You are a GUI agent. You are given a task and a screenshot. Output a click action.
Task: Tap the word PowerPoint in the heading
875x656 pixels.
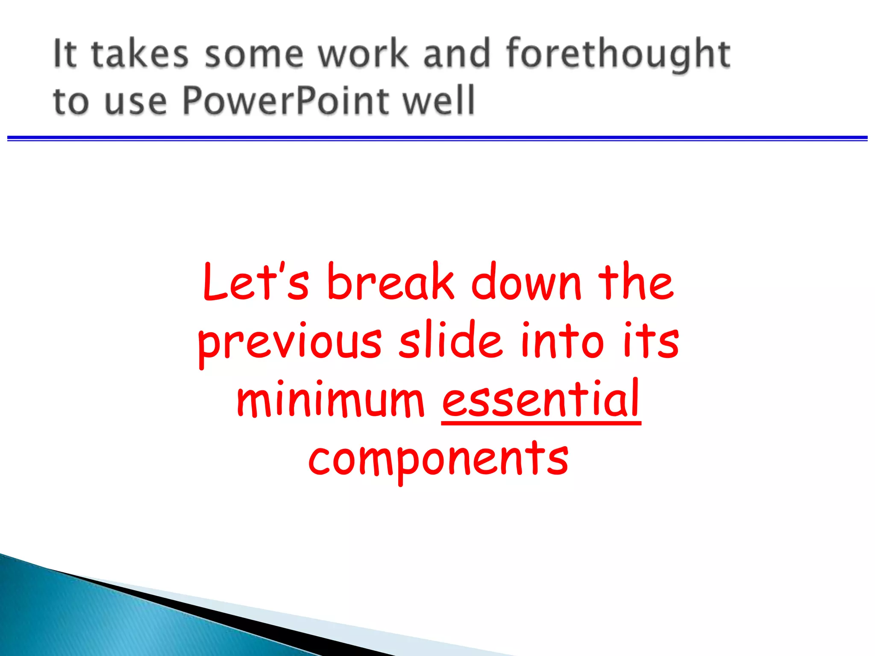[285, 101]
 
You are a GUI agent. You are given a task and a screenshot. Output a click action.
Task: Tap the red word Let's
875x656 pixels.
[255, 282]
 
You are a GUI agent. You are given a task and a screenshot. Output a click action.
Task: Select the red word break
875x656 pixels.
[391, 282]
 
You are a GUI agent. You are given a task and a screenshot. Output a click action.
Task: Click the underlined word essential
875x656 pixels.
[541, 400]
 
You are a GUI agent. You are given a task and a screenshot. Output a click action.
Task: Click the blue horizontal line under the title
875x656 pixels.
[437, 138]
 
